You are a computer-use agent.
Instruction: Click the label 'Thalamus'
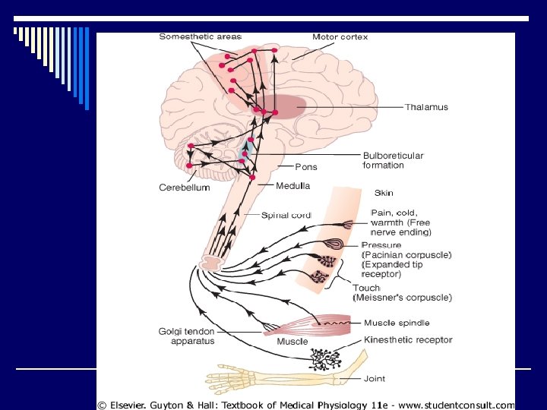tap(425, 107)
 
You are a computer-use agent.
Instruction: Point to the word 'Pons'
tap(306, 167)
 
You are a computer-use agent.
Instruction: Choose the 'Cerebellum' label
tap(184, 188)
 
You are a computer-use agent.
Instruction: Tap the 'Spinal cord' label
tap(286, 215)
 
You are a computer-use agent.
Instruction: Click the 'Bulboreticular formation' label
tap(394, 160)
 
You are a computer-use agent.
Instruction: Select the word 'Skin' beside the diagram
tap(384, 193)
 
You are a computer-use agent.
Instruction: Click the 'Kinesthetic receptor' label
tap(408, 339)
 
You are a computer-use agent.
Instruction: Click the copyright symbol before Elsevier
tap(101, 405)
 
